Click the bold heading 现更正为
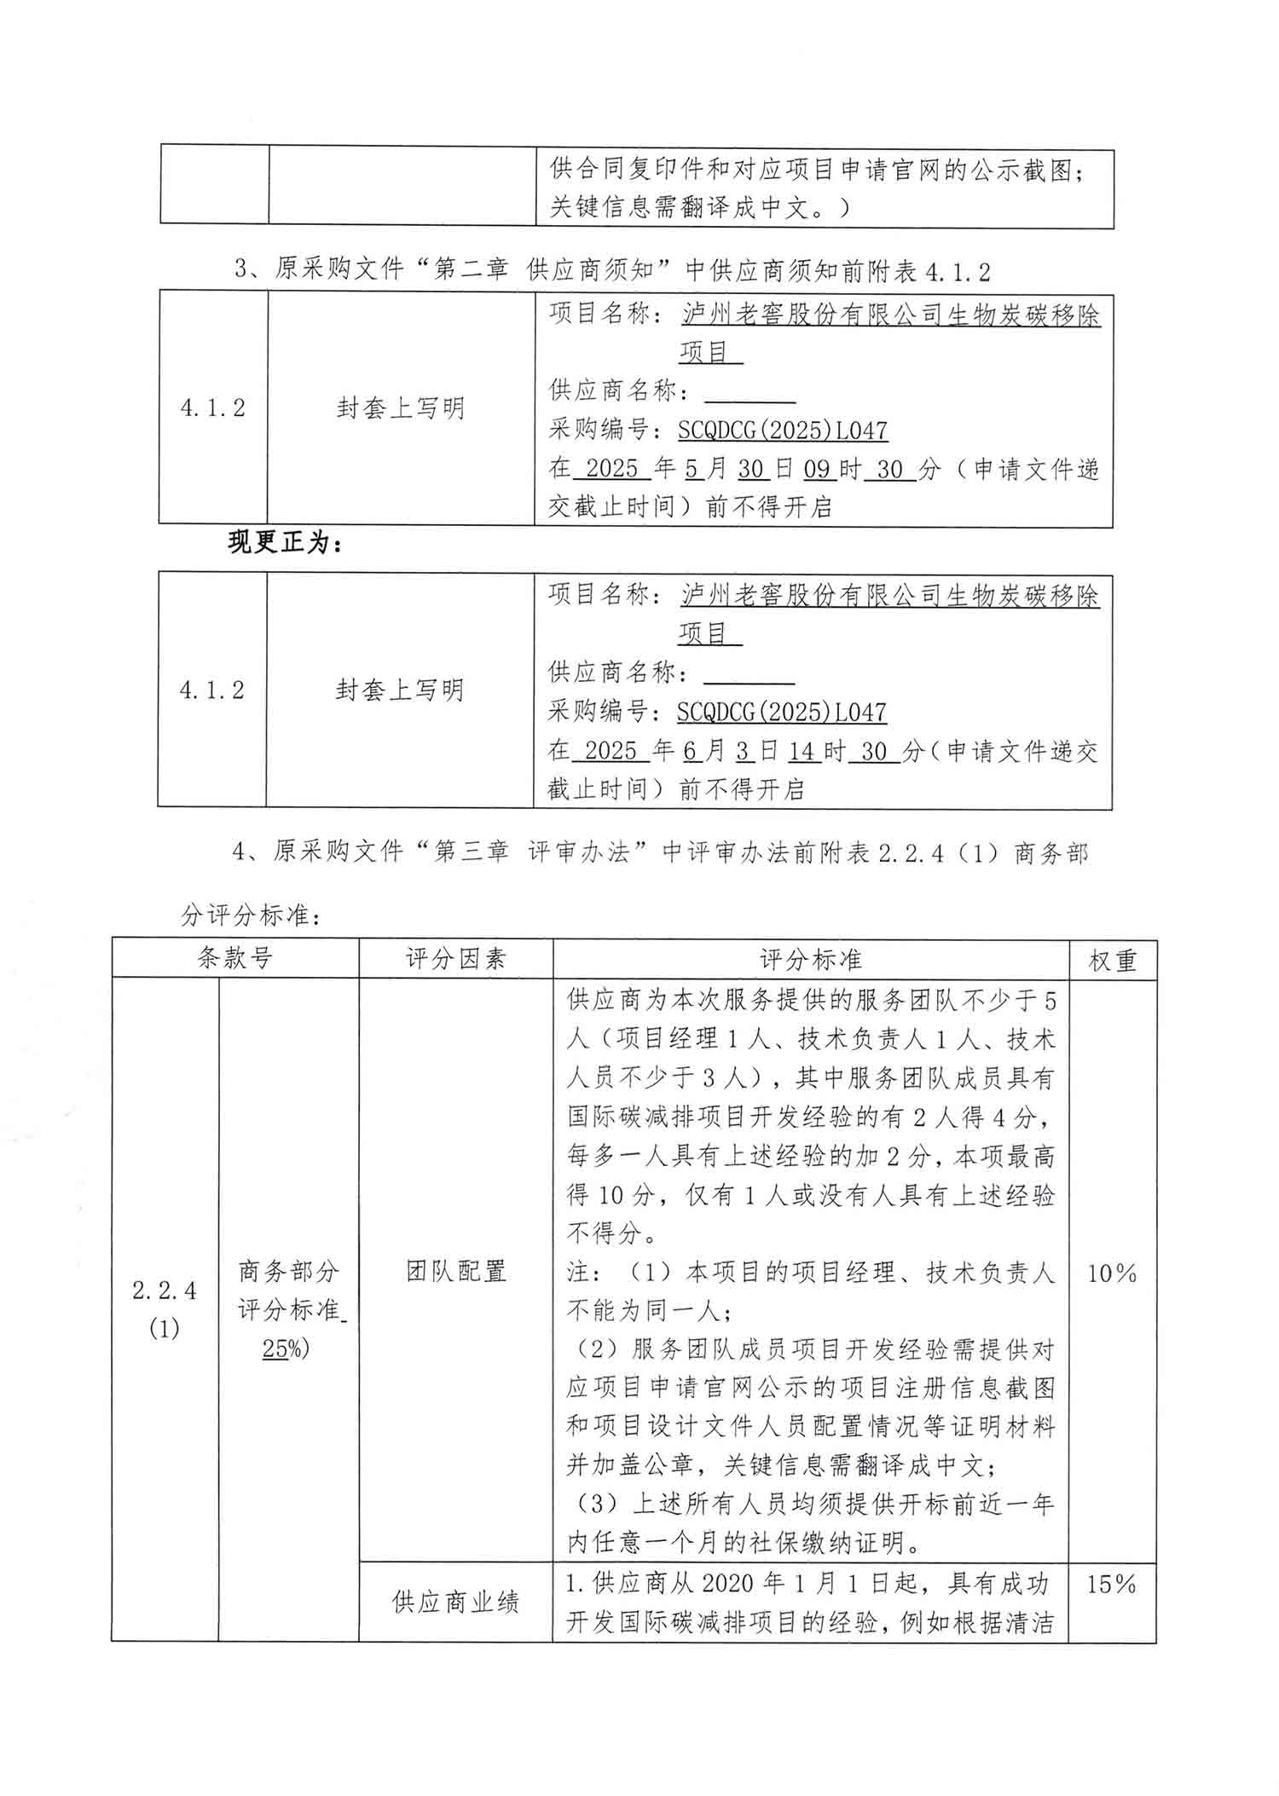[285, 542]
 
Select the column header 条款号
[234, 959]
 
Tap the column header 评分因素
[455, 959]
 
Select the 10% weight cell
[1112, 1273]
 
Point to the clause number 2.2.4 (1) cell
[165, 1308]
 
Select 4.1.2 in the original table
[212, 408]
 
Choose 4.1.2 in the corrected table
[211, 690]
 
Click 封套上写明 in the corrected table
[399, 690]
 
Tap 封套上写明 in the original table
[400, 408]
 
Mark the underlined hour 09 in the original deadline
[817, 469]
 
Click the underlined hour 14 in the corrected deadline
[802, 751]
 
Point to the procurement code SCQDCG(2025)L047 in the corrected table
[781, 713]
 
